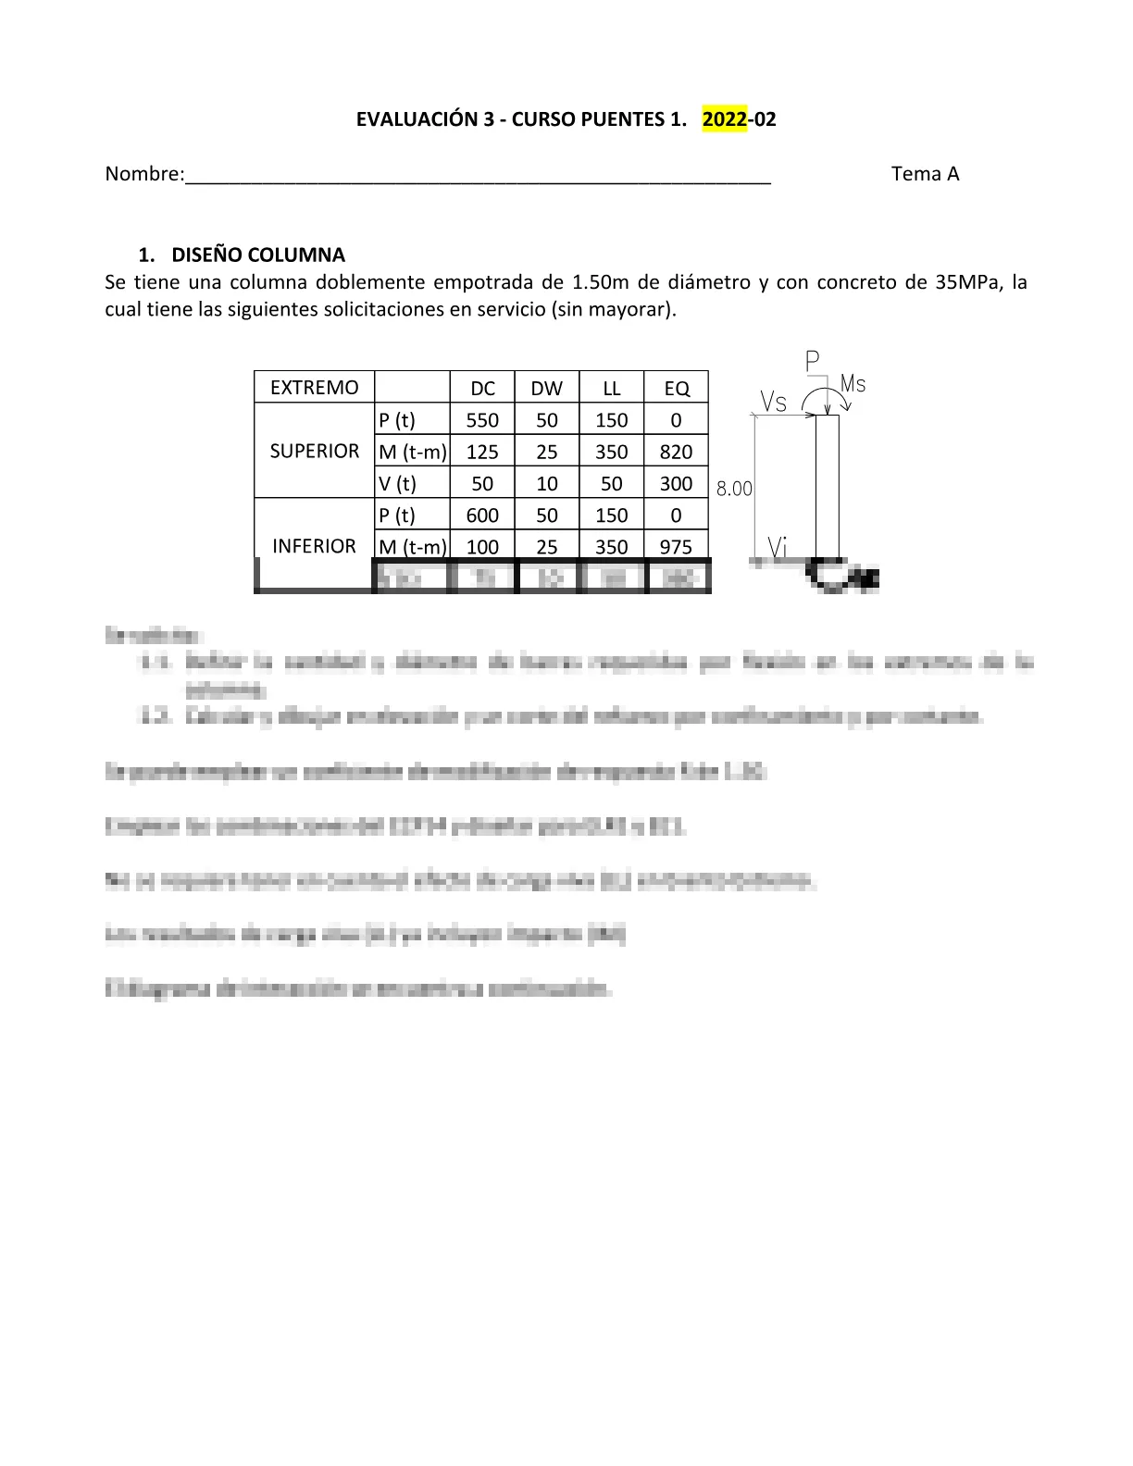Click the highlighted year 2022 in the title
coord(724,119)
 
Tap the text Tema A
coord(925,174)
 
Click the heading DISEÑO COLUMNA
coord(257,255)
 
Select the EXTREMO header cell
coord(314,388)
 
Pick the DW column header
coord(546,389)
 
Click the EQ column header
coord(677,389)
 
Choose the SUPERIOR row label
coord(314,451)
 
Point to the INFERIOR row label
coord(314,546)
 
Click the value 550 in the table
coord(482,420)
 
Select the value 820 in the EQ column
coord(676,452)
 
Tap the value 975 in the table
coord(676,547)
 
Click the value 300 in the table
coord(676,483)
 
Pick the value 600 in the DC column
coord(482,516)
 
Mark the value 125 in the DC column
coord(482,452)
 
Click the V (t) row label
coord(398,483)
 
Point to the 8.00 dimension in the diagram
coord(734,489)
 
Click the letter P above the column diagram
coord(813,362)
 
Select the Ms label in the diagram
coord(853,383)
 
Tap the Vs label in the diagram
coord(774,401)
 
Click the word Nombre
coord(143,174)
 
